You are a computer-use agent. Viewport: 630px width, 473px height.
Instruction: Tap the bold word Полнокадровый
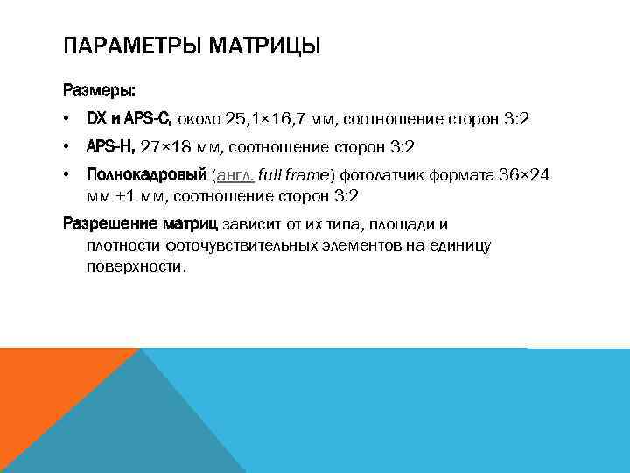point(145,175)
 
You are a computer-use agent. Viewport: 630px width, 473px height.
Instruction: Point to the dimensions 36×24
point(523,175)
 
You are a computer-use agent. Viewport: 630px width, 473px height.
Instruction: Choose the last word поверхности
point(136,265)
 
